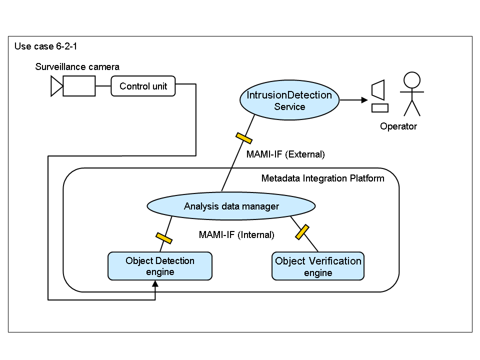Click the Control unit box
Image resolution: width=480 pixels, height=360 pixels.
coord(143,86)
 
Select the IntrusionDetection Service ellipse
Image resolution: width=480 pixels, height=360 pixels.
coord(289,100)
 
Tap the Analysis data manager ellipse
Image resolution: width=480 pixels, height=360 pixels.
coord(231,206)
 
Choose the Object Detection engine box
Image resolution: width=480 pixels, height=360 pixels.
coord(160,266)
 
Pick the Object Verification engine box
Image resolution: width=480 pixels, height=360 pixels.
coord(318,266)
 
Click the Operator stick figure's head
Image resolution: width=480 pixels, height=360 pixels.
coord(412,80)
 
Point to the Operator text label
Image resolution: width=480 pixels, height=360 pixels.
coord(398,126)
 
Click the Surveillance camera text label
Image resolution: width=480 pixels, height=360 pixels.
coord(77,66)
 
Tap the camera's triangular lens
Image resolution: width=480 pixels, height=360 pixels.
coord(56,86)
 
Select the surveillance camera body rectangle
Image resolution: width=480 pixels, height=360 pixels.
coord(79,86)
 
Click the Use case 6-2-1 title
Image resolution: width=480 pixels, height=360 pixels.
coord(45,46)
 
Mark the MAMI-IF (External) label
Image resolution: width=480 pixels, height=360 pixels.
coord(285,154)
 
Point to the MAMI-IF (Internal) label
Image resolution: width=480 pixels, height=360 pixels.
coord(236,234)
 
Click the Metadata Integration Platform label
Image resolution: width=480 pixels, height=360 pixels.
coord(322,178)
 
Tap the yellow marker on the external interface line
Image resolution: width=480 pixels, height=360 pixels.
coord(243,138)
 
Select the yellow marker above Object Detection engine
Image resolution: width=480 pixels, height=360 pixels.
coord(164,238)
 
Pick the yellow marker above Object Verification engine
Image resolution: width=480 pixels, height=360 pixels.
coord(301,231)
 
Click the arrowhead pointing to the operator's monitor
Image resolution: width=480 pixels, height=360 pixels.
coord(364,100)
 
